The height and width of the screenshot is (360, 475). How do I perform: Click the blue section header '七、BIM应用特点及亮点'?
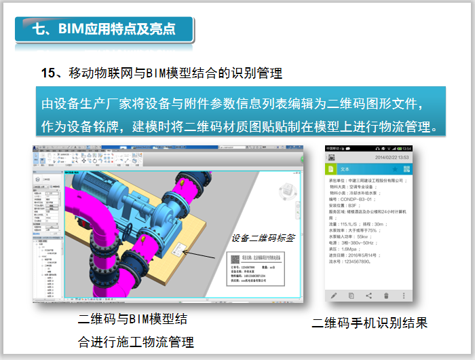tap(104, 29)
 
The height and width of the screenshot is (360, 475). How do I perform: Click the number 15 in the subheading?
tap(47, 73)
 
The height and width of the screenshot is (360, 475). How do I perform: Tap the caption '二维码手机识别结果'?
tap(370, 323)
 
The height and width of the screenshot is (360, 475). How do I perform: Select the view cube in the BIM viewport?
tap(288, 192)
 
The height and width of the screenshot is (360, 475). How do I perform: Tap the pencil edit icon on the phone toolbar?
tap(333, 295)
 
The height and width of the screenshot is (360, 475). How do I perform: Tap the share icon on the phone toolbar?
tap(369, 295)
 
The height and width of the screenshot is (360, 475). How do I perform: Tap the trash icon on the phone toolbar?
tap(387, 295)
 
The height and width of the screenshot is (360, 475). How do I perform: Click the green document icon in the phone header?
tap(331, 168)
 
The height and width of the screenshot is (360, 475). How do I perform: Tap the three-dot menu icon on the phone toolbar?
tap(404, 295)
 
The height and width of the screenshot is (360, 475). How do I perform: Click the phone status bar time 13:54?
tap(406, 148)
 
